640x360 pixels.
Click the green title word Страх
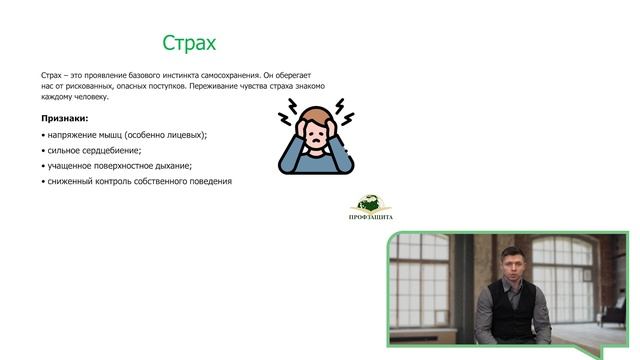pos(189,43)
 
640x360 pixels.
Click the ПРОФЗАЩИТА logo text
pos(372,217)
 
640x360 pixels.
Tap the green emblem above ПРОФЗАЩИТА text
pos(372,200)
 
